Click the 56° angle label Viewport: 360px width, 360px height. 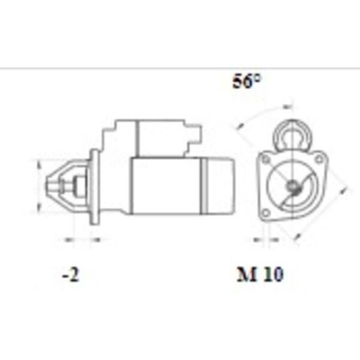click(x=248, y=82)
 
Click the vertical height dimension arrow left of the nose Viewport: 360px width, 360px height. click(x=38, y=186)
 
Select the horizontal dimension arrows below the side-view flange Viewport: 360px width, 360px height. click(x=82, y=240)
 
